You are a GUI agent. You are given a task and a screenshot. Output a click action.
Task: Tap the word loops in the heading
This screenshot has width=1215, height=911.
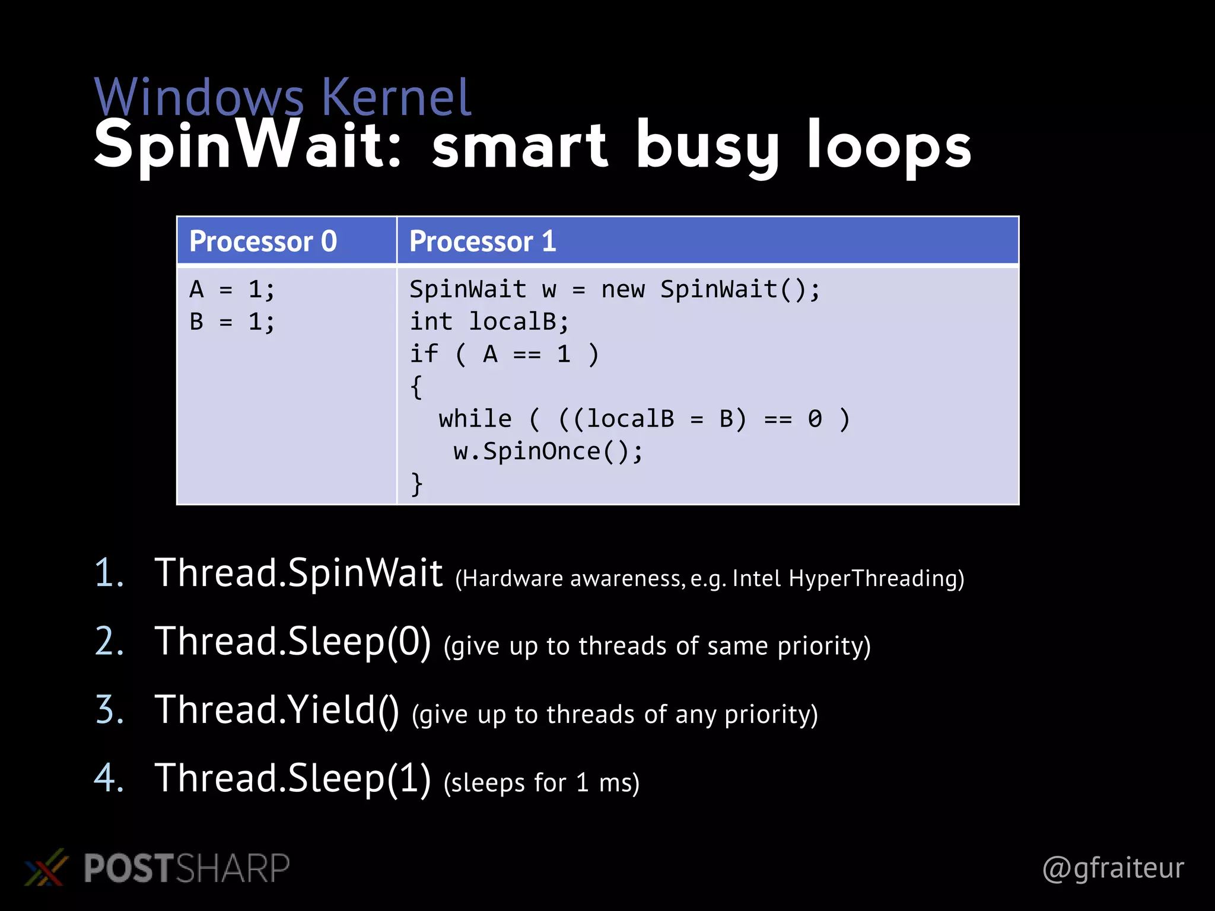coord(888,145)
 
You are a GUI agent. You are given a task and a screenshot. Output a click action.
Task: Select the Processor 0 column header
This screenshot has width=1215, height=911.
coord(263,241)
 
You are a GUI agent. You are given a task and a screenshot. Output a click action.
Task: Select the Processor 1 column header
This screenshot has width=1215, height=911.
coord(482,241)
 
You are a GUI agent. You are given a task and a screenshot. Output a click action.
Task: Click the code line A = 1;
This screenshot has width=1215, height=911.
coord(232,290)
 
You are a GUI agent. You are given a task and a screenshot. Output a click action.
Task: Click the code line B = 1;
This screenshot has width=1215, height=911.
coord(232,322)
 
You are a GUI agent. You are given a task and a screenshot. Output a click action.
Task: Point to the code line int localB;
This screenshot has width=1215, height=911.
coord(489,322)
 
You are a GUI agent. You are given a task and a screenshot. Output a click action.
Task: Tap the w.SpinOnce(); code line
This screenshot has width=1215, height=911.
coord(548,452)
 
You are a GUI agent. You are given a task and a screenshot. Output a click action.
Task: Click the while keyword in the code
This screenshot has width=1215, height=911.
coord(475,419)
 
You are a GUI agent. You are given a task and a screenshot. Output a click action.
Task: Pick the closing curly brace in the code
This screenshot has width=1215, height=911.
coord(416,484)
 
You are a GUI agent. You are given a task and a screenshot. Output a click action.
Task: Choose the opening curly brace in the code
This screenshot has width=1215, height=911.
coord(416,387)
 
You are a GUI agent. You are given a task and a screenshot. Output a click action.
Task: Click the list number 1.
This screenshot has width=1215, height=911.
coord(109,574)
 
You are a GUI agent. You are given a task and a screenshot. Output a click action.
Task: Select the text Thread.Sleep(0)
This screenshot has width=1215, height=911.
coord(292,642)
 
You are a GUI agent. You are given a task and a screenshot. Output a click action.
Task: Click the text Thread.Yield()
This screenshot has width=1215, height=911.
coord(276,710)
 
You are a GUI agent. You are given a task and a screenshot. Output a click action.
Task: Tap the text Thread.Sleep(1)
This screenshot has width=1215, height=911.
coord(292,778)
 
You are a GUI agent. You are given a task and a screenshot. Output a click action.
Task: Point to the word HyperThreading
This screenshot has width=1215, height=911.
coord(876,578)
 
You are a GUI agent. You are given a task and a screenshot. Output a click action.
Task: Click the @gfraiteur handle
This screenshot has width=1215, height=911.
coord(1113,868)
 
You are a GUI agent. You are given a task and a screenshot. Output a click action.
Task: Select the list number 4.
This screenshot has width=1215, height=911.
coord(109,778)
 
